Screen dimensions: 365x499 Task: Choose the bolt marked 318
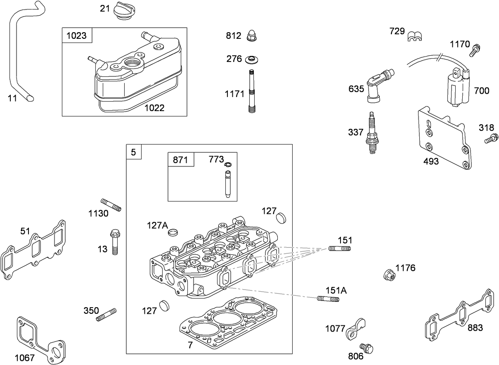click(490, 139)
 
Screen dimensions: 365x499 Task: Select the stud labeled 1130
click(111, 205)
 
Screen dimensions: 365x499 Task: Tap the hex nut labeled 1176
click(388, 274)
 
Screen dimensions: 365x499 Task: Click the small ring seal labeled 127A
click(174, 232)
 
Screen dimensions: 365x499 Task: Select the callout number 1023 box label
click(77, 36)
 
